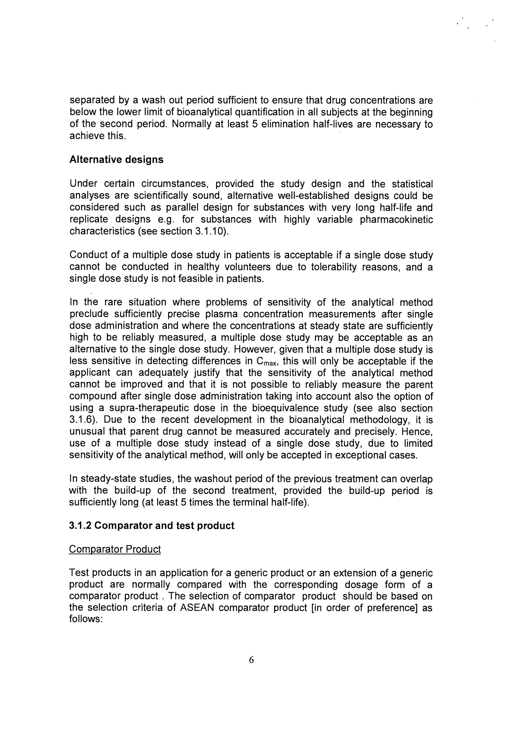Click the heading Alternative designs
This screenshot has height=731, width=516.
(x=116, y=160)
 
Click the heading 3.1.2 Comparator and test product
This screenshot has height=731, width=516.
(x=151, y=526)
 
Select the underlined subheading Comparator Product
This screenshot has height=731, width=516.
(x=115, y=549)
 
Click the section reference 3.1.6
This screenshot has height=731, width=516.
(x=82, y=420)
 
